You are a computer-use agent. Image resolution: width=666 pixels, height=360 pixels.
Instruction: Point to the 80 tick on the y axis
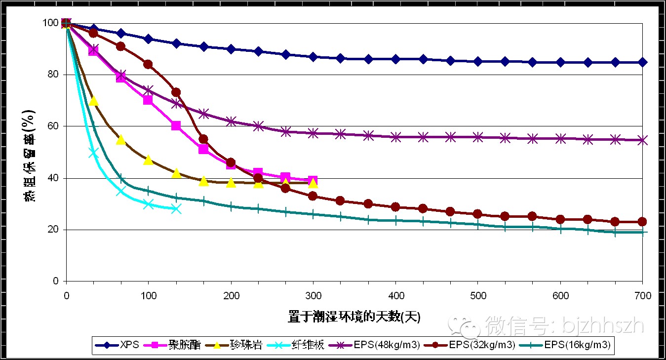[54, 75]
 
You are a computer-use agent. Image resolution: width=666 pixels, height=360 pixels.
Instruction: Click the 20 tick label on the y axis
[54, 230]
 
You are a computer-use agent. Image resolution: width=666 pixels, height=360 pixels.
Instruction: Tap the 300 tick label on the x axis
[313, 296]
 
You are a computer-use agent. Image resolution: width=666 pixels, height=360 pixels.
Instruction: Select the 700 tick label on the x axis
[642, 296]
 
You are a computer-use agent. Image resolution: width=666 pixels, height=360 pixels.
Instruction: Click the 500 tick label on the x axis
[478, 296]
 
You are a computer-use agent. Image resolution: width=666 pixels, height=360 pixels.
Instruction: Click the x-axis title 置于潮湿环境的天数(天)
[354, 317]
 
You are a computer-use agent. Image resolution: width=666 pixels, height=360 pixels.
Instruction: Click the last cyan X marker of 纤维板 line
[176, 209]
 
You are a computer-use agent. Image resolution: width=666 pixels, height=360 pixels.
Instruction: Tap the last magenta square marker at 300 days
[313, 181]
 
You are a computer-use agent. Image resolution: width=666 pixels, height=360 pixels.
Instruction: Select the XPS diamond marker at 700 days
[642, 62]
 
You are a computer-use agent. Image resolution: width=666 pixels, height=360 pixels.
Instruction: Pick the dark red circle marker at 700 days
[642, 222]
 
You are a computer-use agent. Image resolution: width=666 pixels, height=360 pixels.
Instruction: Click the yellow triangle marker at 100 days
[148, 160]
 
